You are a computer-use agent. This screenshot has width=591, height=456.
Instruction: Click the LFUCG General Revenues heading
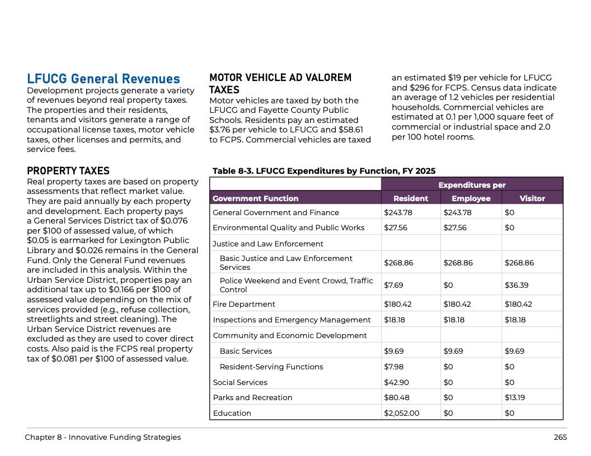[x=104, y=79]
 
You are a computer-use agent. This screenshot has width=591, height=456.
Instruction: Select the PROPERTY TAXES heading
[x=68, y=171]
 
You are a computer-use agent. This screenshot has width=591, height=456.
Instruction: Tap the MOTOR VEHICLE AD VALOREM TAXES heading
[x=280, y=84]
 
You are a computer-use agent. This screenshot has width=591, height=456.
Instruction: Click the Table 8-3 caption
[x=324, y=171]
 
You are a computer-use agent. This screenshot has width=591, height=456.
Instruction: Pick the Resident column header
[x=411, y=198]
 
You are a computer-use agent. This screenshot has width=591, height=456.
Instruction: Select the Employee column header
[x=471, y=198]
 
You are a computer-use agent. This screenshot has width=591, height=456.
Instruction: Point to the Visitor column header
[x=532, y=198]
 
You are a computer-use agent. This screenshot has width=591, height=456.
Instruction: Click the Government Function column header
[x=255, y=198]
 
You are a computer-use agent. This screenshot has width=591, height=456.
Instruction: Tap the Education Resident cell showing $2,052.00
[x=401, y=413]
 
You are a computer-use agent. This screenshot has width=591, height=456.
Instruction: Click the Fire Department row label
[x=244, y=304]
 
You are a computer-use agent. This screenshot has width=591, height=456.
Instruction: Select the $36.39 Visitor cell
[x=516, y=285]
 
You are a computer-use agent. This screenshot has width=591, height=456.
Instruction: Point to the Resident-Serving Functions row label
[x=271, y=367]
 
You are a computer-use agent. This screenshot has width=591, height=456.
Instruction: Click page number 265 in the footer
[x=560, y=437]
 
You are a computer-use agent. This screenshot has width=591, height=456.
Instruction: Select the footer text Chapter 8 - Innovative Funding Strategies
[x=102, y=437]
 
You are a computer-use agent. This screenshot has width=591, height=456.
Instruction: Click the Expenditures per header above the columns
[x=472, y=185]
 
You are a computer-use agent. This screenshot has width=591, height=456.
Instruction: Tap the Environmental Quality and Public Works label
[x=288, y=227]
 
